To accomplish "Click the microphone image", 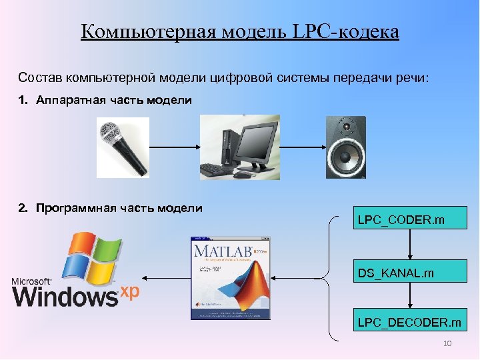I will coord(123,147).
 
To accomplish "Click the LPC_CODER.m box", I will coord(410,218).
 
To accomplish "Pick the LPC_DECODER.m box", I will coord(410,323).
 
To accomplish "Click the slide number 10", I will coord(447,343).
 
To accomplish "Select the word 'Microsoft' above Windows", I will coord(31,281).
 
